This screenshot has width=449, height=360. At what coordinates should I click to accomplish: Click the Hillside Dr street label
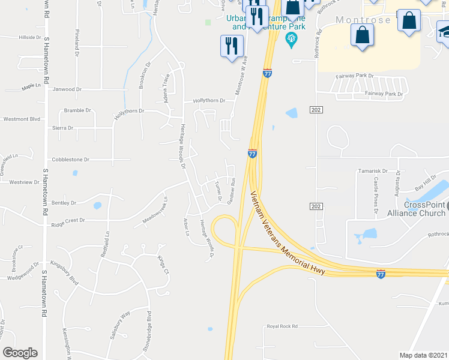(x=29, y=37)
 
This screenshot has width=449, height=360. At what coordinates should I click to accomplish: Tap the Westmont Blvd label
(x=20, y=119)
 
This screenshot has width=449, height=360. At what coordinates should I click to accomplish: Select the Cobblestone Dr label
(x=70, y=160)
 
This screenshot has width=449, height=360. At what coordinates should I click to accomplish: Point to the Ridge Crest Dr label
(x=68, y=220)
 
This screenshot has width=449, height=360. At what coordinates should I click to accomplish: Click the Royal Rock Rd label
(x=282, y=326)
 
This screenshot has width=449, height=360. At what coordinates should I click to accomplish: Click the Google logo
(x=20, y=353)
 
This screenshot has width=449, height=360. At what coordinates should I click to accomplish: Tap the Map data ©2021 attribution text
(x=423, y=355)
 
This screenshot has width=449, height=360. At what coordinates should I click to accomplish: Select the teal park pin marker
(x=292, y=40)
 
